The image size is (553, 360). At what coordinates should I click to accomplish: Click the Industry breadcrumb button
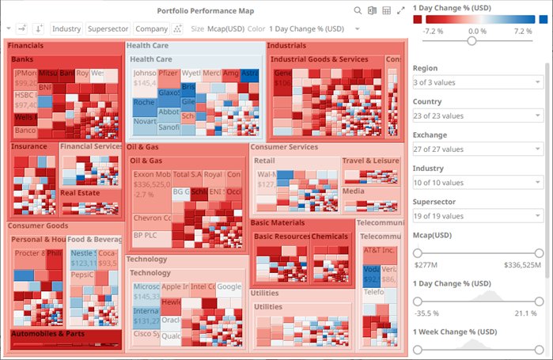pos(66,28)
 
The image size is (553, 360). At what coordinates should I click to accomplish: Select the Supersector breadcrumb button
pos(108,28)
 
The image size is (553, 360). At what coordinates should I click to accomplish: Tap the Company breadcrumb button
pos(151,28)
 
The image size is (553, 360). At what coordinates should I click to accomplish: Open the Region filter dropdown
pos(476,82)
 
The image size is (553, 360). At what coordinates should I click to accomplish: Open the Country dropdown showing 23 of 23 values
pos(476,116)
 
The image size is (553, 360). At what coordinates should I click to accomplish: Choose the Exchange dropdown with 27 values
pos(476,149)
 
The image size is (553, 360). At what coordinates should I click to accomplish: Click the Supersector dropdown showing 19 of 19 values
pos(476,215)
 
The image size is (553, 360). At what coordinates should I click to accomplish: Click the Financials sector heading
pos(26,46)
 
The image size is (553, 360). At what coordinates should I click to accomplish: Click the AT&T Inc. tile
pos(378,250)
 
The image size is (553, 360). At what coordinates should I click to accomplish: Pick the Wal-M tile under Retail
pos(265,174)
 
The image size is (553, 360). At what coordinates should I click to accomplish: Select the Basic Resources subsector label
pos(281,237)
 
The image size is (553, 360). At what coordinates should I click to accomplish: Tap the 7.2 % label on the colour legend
pos(523,30)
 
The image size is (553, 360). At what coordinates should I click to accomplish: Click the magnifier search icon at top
pos(358,10)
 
